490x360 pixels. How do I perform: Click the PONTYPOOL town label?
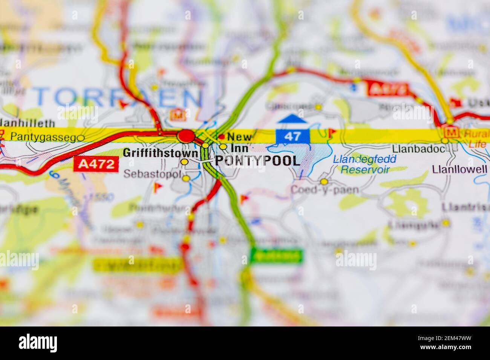point(258,161)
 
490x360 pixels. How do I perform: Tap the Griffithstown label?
point(161,153)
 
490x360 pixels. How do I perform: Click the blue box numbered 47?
point(292,136)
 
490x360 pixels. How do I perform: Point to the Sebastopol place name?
point(152,174)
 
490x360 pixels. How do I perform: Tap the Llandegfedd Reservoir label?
point(365,164)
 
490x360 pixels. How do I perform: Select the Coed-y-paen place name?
point(324,189)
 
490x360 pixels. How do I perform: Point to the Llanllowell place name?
point(460,169)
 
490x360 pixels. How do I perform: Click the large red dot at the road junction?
point(186,136)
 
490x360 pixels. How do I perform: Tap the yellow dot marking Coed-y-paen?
point(324,182)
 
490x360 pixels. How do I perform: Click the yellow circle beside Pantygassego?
point(81,138)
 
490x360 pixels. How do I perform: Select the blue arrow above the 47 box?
point(292,119)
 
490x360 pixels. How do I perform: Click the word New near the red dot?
point(239,136)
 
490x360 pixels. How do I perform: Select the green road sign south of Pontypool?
point(277,256)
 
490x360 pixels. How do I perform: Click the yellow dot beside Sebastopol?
point(186,178)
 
